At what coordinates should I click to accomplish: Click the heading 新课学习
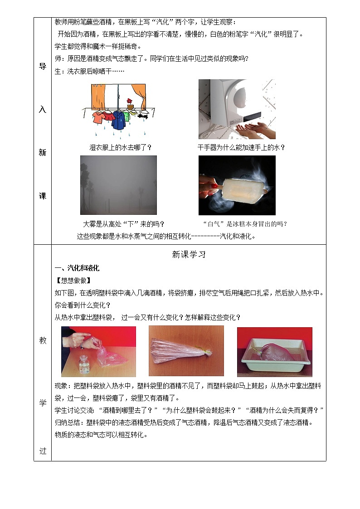(x=189, y=255)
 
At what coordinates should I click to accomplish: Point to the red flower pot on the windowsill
(x=131, y=104)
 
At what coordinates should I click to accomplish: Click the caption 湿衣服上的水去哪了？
(x=120, y=147)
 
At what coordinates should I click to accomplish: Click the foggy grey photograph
(x=118, y=185)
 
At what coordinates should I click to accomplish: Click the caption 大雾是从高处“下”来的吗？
(x=124, y=224)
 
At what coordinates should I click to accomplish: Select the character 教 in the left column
(x=43, y=341)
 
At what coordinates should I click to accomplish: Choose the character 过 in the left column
(x=43, y=451)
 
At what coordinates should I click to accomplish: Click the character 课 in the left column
(x=43, y=196)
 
